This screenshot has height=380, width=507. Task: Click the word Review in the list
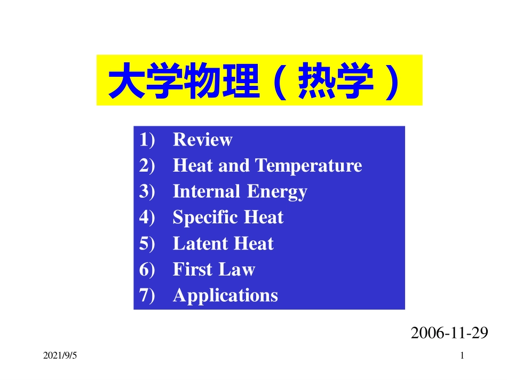pyautogui.click(x=202, y=140)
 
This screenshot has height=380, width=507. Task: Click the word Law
pyautogui.click(x=237, y=270)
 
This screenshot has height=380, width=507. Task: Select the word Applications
pyautogui.click(x=225, y=296)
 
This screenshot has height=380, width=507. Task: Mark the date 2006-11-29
pyautogui.click(x=450, y=333)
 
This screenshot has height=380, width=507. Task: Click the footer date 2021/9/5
pyautogui.click(x=60, y=355)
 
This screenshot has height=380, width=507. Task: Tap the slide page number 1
pyautogui.click(x=462, y=355)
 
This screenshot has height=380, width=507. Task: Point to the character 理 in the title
pyautogui.click(x=237, y=82)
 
